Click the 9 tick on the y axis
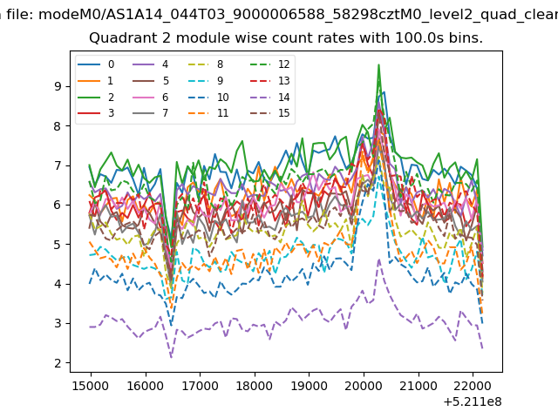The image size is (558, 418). point(58,86)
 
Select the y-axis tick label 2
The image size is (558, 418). point(58,363)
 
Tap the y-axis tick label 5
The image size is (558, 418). point(58,245)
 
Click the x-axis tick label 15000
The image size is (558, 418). point(91,386)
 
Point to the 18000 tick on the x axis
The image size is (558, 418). point(255,386)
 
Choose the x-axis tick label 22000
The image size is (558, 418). point(473,386)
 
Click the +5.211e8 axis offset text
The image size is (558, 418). point(473,401)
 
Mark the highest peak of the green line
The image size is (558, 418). point(378,64)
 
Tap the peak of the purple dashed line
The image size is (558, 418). point(379,260)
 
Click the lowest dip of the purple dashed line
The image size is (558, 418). point(171,356)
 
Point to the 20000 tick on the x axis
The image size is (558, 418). point(364,386)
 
